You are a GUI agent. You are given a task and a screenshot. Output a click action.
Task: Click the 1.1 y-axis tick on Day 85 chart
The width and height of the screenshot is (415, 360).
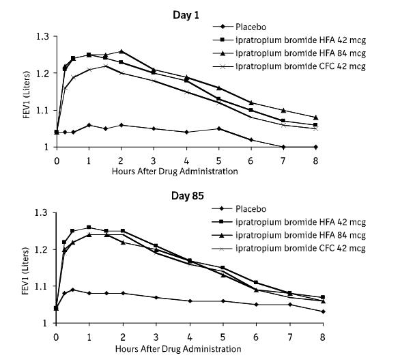pyautogui.click(x=44, y=286)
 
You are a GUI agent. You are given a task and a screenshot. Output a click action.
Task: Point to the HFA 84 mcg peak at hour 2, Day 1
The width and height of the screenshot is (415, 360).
pyautogui.click(x=121, y=51)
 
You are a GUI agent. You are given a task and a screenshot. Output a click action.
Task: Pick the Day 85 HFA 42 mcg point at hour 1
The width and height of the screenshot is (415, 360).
pyautogui.click(x=89, y=227)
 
